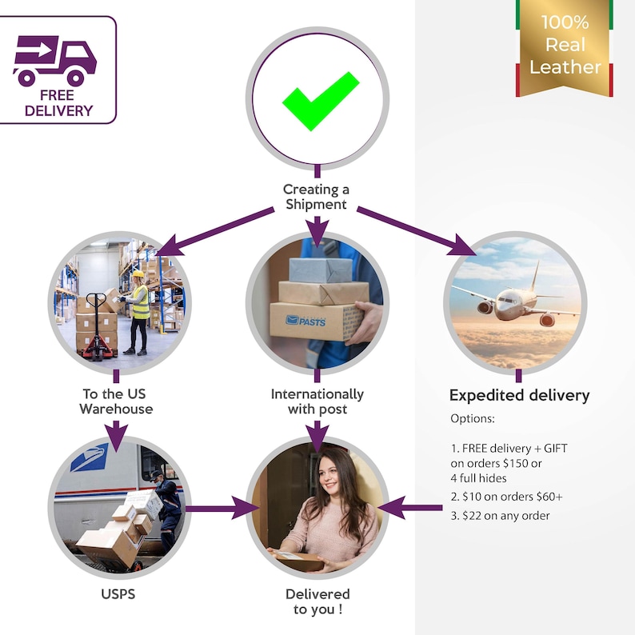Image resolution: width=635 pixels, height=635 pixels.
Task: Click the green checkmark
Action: [320, 102]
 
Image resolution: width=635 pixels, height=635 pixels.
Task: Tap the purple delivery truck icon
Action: [55, 61]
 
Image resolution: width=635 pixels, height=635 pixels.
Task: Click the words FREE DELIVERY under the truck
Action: [58, 103]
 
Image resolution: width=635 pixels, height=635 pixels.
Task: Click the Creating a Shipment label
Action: [316, 197]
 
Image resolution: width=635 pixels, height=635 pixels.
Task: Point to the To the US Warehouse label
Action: [116, 401]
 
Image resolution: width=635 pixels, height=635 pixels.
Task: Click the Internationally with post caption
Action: [317, 401]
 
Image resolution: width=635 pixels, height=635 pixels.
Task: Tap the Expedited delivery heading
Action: [519, 395]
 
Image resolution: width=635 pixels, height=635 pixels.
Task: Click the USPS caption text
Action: [118, 594]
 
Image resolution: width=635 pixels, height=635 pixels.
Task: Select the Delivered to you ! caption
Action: [317, 601]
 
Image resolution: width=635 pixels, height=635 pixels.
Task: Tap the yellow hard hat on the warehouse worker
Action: [138, 274]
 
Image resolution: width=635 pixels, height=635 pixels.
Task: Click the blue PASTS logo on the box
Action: [306, 321]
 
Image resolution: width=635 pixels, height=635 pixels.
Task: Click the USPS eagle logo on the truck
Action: [89, 457]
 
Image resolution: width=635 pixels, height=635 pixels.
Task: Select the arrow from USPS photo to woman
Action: [222, 508]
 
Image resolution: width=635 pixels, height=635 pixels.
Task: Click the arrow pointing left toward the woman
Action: [409, 507]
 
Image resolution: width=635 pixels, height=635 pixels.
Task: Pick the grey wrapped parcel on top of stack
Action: [321, 270]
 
